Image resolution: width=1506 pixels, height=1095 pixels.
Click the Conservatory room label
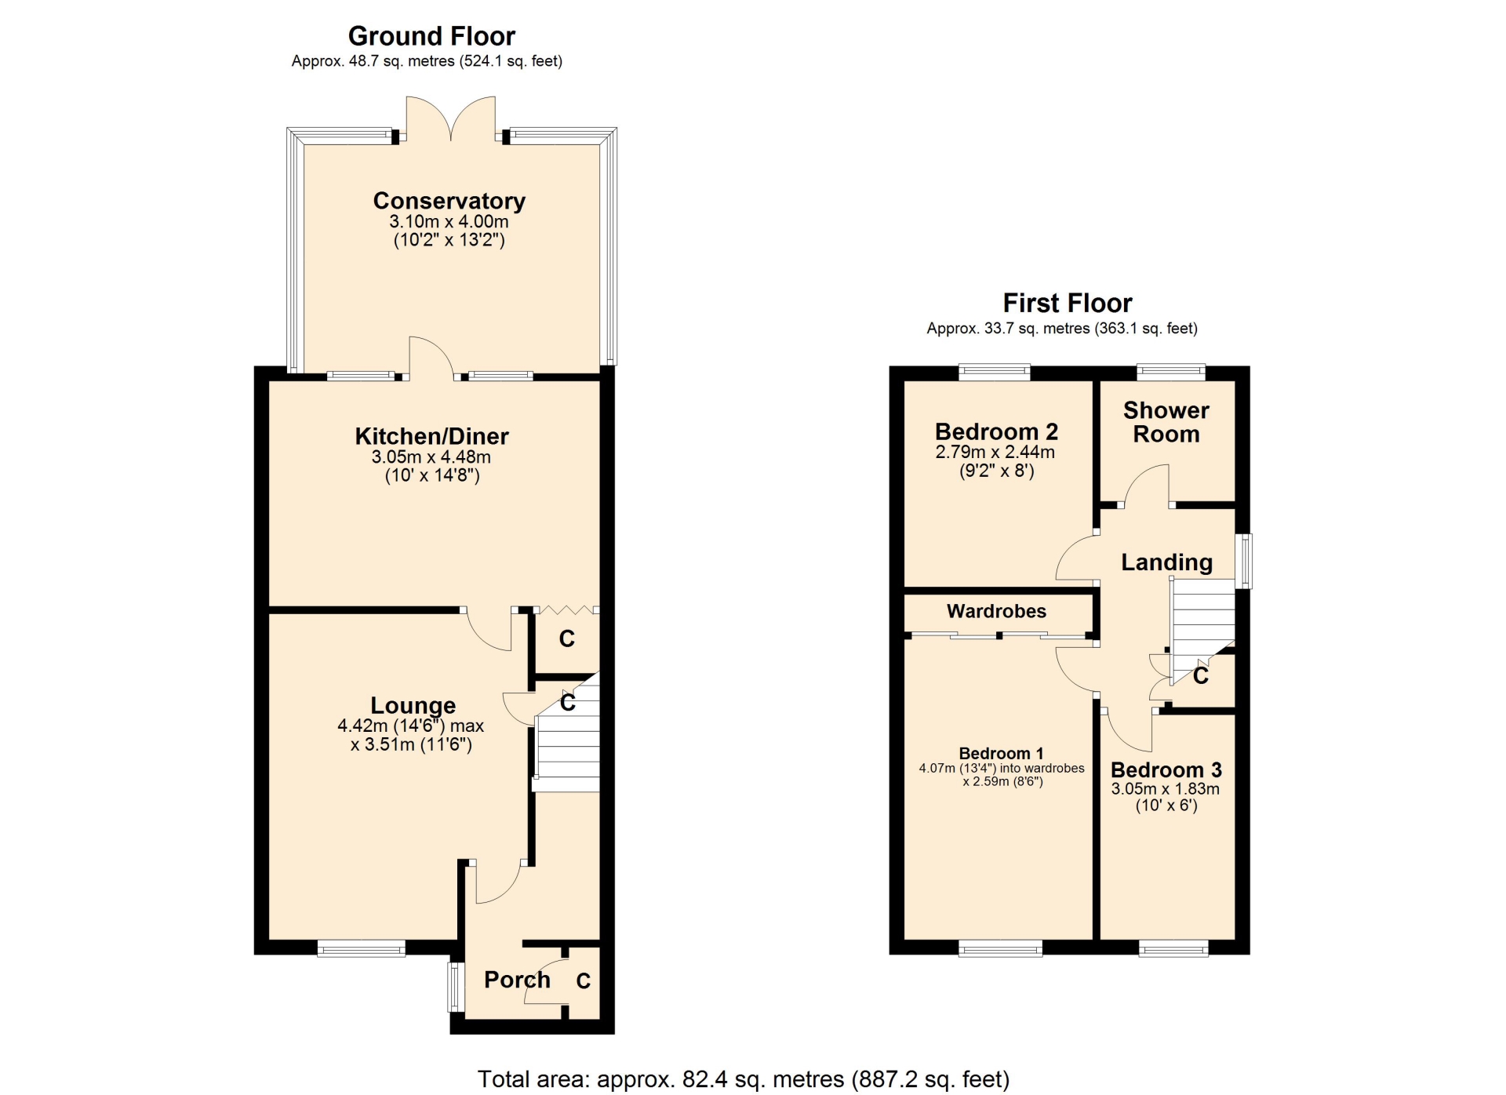point(449,202)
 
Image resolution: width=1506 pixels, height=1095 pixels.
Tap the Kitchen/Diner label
point(432,436)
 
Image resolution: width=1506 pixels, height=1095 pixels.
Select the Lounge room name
point(413,706)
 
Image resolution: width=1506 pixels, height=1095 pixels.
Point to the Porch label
point(517,980)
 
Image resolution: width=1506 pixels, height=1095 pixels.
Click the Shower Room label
point(1166,422)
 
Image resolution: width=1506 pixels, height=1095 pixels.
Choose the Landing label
point(1167,562)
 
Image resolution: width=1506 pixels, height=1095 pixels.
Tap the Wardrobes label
point(996,611)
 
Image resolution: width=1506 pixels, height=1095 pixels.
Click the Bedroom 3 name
point(1166,770)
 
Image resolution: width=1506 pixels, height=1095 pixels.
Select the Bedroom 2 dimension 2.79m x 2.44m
point(995,453)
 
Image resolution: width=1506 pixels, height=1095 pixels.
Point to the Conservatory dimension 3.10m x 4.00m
point(449,222)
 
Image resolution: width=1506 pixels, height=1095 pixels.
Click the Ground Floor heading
point(431,36)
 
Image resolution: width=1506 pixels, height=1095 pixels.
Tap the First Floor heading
point(1068,303)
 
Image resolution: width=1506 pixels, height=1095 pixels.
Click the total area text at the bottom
point(744,1079)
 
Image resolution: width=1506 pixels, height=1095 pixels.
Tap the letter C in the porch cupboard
point(584,981)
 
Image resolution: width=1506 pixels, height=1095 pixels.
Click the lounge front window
point(362,948)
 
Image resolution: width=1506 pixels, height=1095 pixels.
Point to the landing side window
point(1244,561)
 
